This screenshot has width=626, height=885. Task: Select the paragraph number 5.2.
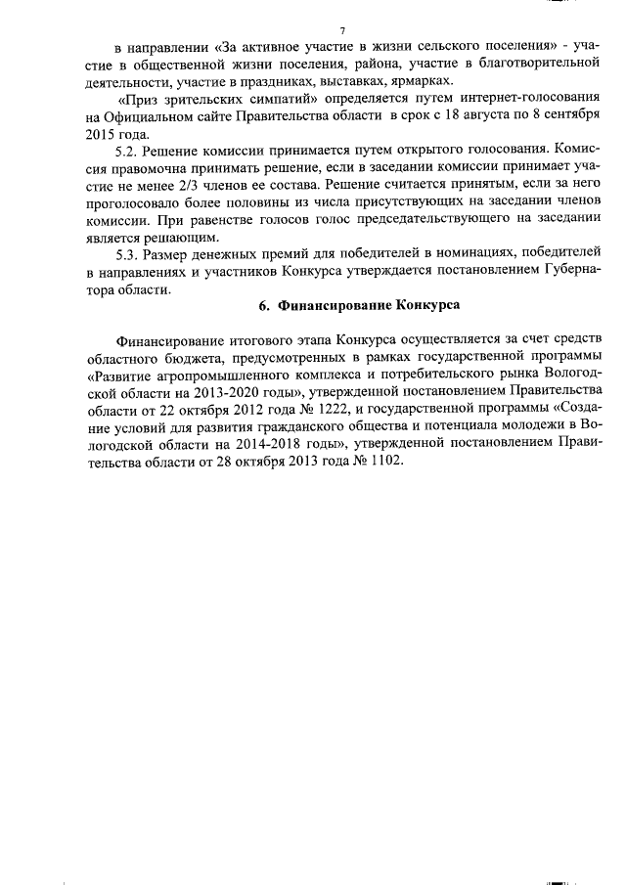click(x=128, y=152)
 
